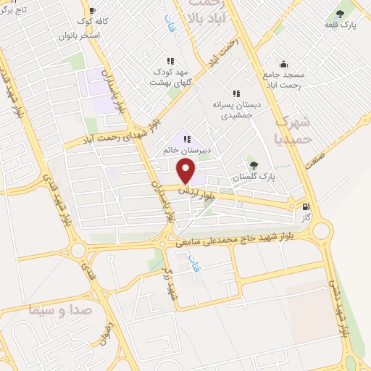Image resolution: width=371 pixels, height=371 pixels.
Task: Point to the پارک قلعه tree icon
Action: click(341, 14)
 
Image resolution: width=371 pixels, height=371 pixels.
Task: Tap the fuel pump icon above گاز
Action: click(308, 207)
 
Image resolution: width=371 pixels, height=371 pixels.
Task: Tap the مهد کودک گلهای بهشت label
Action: click(170, 78)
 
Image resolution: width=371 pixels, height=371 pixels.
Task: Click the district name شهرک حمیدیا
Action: click(295, 128)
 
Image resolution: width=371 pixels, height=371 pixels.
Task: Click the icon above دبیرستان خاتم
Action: click(186, 139)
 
